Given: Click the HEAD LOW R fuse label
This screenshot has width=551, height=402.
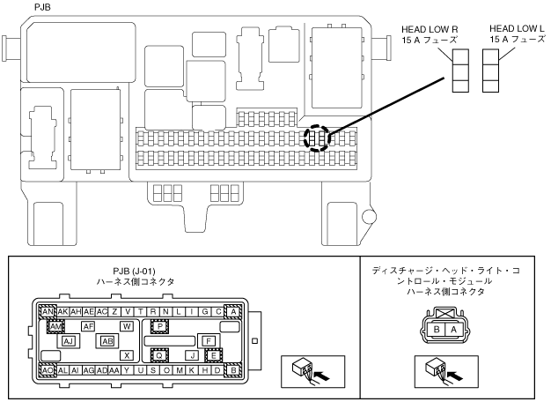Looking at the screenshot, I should point(435,33).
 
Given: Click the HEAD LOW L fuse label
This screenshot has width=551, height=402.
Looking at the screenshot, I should point(517,33).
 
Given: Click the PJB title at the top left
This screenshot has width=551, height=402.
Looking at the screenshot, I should point(41,6).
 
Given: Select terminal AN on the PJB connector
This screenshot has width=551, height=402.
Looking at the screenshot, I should point(48,312).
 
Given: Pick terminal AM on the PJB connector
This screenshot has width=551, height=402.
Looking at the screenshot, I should point(55,326).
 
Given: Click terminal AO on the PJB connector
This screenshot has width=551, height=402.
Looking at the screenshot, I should point(48,370).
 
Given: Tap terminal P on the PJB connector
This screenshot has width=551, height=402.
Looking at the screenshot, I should point(159,326).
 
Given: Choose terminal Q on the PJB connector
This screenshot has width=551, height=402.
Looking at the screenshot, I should point(159,355).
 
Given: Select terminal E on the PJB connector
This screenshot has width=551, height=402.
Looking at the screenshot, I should point(213,355).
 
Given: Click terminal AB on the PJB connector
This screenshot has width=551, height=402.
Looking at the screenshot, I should point(107,340).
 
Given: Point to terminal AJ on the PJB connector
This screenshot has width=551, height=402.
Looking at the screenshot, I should point(70,340).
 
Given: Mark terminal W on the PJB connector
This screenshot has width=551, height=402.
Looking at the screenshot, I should point(127,326).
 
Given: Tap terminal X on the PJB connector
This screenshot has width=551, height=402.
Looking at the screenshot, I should point(127,355).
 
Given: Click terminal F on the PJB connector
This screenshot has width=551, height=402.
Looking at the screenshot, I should point(209,340).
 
